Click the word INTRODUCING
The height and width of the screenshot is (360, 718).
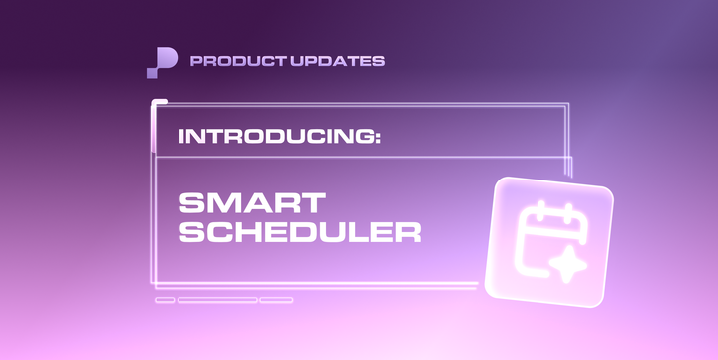275,136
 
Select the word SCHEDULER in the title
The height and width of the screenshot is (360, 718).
299,233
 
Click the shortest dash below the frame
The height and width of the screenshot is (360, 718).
165,299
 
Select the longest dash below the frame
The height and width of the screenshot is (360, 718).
217,299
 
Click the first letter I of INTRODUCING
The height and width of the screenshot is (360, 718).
182,136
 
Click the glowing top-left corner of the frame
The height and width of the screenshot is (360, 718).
153,103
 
